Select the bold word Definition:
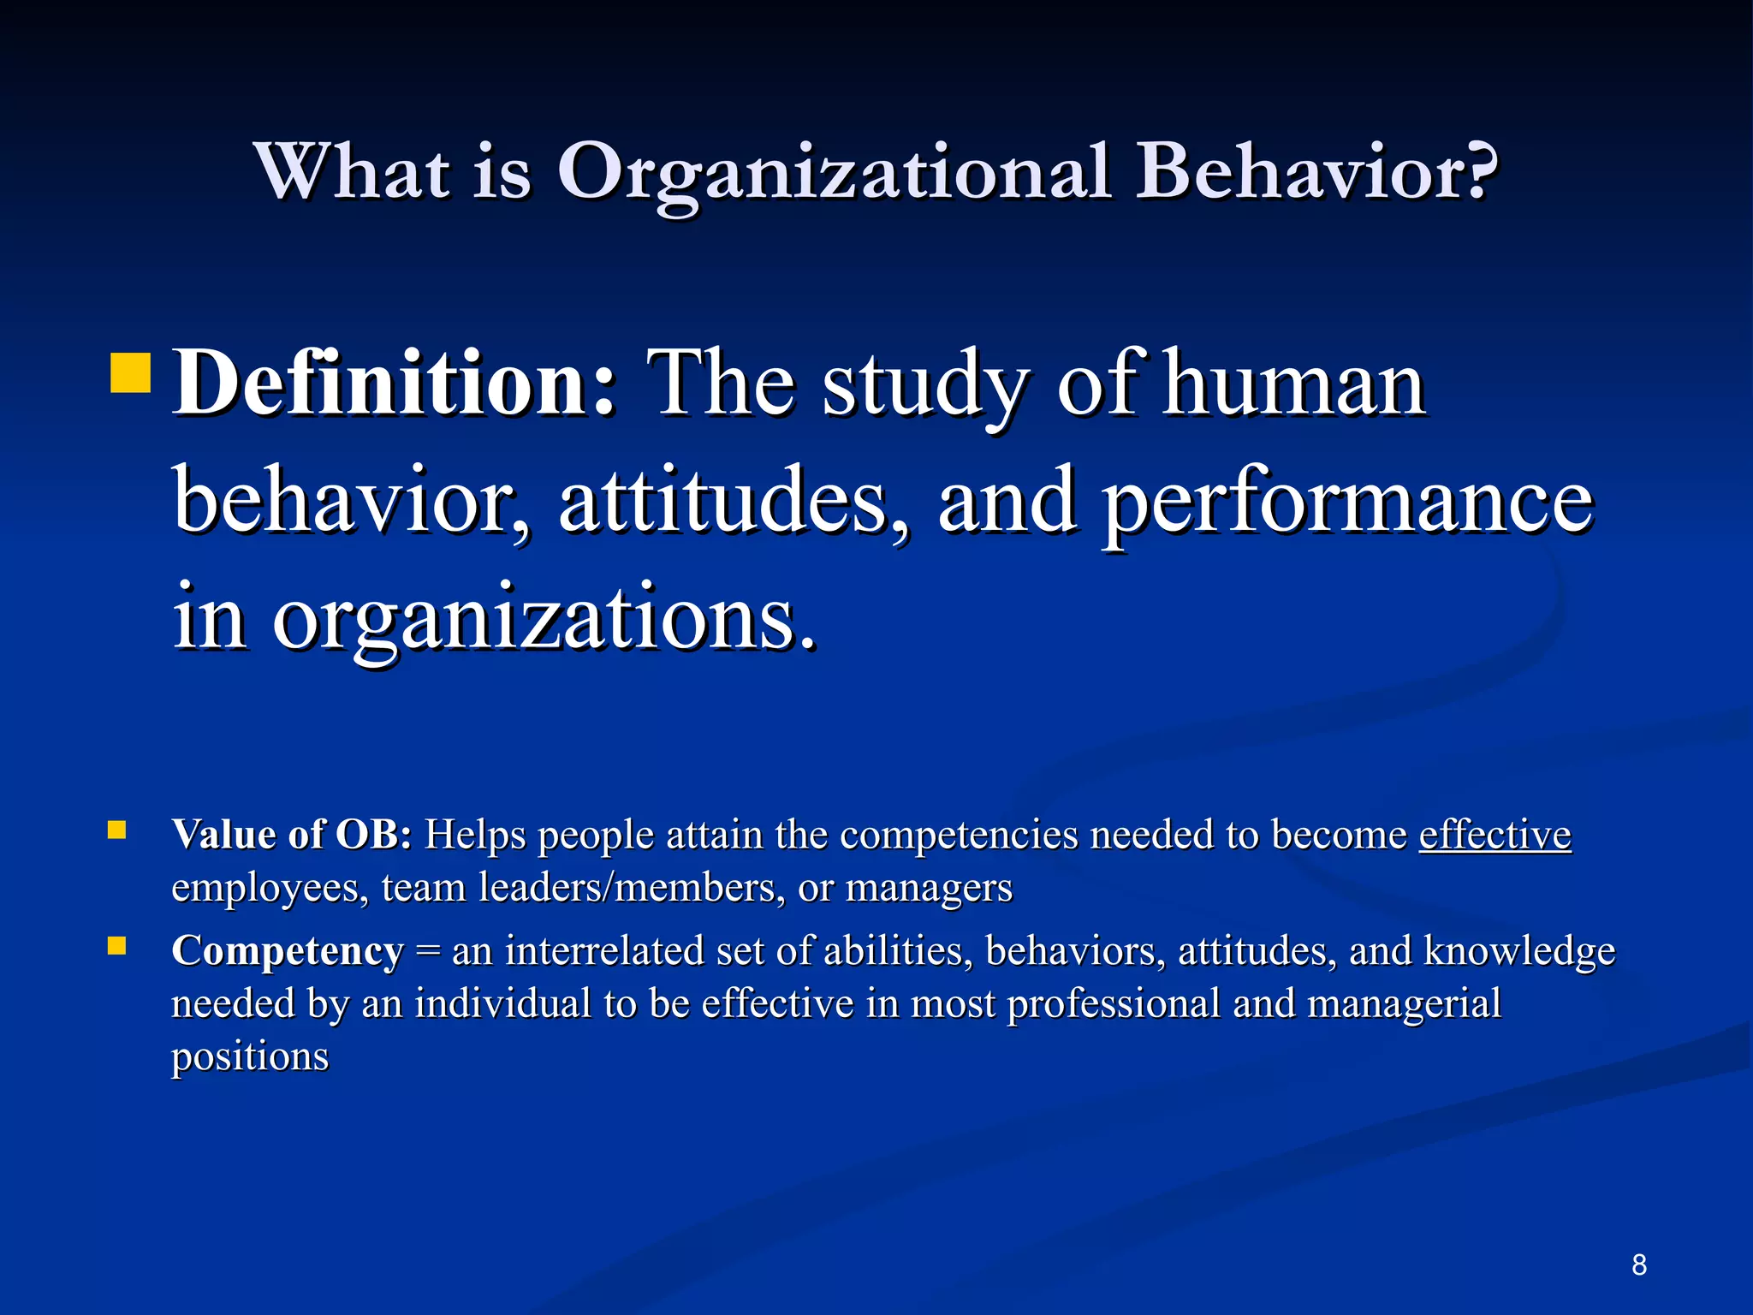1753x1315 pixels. (394, 383)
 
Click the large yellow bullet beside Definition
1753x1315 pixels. (131, 372)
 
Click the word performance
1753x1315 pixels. (1346, 503)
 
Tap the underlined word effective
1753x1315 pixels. (1495, 834)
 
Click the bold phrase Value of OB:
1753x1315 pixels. (292, 834)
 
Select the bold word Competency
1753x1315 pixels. (288, 950)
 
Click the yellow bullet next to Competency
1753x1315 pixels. (117, 946)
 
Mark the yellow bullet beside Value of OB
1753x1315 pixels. (117, 830)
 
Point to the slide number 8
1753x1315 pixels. (1638, 1264)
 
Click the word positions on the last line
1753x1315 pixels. (250, 1056)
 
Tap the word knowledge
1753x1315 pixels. (1518, 950)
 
